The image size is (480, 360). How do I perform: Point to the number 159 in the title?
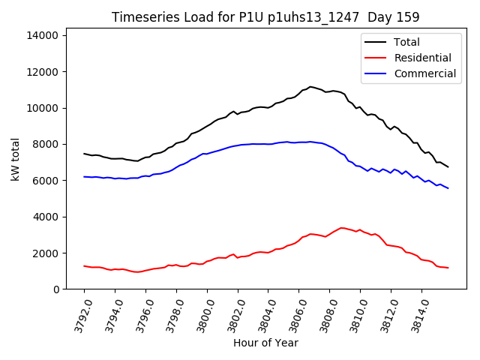(x=409, y=17)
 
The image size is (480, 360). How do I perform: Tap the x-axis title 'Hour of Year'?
(x=265, y=343)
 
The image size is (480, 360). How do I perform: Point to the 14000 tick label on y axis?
(x=44, y=35)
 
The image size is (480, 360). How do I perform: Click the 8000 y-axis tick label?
(x=47, y=144)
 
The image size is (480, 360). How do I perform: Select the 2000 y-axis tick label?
(x=47, y=253)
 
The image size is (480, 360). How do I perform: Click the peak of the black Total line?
(x=310, y=87)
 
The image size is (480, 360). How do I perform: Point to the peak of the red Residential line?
(x=342, y=228)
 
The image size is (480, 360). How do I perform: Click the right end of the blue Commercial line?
(x=448, y=188)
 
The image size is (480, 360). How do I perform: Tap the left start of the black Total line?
(x=84, y=154)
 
